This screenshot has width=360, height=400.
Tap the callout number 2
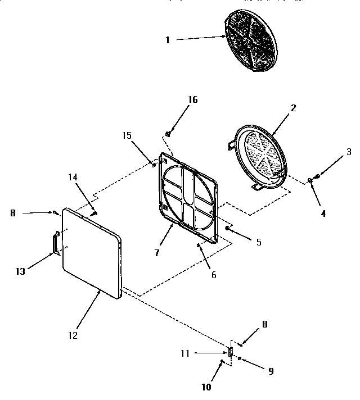point(293,107)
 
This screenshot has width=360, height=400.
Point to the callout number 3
point(349,152)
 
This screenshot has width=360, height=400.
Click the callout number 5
point(258,242)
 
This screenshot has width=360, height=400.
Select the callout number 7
point(157,253)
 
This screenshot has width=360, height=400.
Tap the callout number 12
point(73,335)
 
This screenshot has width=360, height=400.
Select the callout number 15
point(127,136)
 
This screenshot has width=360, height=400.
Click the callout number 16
point(192,100)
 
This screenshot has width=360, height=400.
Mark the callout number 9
point(271,371)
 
